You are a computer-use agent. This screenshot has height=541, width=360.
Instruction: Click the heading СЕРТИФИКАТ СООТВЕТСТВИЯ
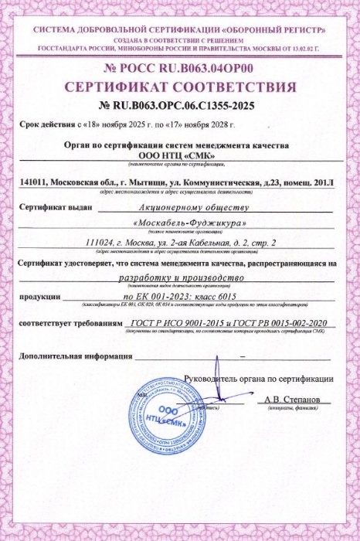179,85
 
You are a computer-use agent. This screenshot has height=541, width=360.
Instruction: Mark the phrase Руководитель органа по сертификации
258,379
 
